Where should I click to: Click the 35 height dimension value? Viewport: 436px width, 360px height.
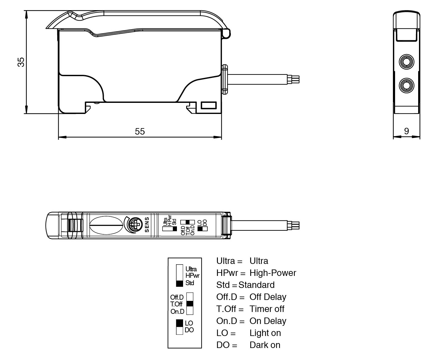(x=21, y=62)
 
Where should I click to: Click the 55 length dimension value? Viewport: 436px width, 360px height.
(x=140, y=131)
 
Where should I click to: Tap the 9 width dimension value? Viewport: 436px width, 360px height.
(x=406, y=131)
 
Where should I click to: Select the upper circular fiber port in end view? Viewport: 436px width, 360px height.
(x=406, y=62)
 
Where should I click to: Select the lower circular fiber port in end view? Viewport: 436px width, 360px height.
(x=406, y=85)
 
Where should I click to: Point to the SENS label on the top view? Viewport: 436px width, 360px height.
(x=147, y=225)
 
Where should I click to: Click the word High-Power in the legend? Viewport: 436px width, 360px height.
(x=273, y=273)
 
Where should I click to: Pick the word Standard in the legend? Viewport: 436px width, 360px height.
(x=256, y=285)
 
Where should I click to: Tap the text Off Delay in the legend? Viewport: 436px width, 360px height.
(x=268, y=297)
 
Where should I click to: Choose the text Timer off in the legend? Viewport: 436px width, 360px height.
(x=267, y=309)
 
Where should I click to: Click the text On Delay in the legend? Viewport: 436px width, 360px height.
(x=268, y=321)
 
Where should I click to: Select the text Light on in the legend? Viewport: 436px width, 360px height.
(x=265, y=333)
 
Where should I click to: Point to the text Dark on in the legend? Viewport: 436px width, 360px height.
(x=265, y=345)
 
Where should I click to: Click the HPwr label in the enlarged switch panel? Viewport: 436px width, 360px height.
(x=192, y=276)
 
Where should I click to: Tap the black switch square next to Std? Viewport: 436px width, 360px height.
(x=179, y=283)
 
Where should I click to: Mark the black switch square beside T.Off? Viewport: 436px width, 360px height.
(x=190, y=304)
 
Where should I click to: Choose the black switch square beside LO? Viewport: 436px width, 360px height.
(x=179, y=323)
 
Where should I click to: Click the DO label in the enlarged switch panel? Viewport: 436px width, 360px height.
(x=189, y=330)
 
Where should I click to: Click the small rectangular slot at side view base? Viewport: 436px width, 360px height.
(x=209, y=105)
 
